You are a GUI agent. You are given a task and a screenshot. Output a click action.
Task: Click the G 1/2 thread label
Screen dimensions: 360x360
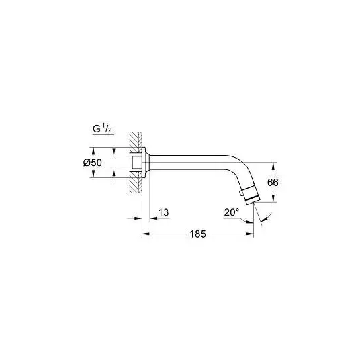pyautogui.click(x=102, y=128)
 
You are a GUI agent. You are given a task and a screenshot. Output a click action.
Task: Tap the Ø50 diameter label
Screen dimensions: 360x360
pyautogui.click(x=93, y=163)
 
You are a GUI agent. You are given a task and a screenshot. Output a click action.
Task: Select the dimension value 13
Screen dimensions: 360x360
pyautogui.click(x=163, y=212)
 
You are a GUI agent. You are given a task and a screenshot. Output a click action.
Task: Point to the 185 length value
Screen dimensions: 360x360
pyautogui.click(x=197, y=234)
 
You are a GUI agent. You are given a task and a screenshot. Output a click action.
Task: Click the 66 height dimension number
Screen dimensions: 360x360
pyautogui.click(x=273, y=183)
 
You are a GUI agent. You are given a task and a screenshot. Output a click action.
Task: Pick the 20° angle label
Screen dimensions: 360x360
pyautogui.click(x=232, y=212)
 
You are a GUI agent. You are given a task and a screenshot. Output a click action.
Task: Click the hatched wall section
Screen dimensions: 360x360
pyautogui.click(x=136, y=162)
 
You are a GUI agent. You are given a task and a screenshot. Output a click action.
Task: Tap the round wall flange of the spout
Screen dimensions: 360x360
pyautogui.click(x=146, y=163)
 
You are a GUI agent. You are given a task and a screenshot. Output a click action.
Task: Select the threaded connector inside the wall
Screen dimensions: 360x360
pyautogui.click(x=137, y=163)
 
